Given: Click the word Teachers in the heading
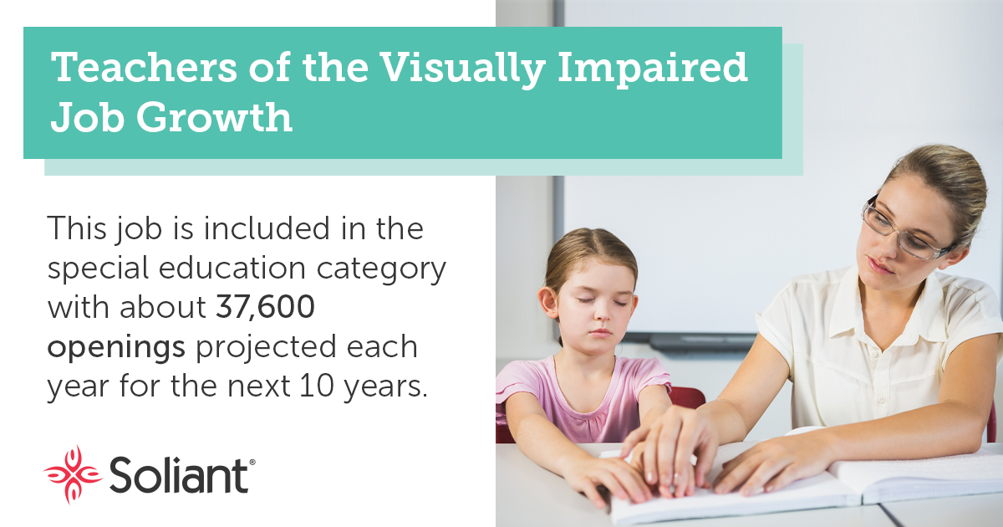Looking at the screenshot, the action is pos(144,67).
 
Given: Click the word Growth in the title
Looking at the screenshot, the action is pos(215,117).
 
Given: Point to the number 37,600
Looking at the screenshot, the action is pos(266,307).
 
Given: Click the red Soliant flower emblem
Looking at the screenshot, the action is pos(73,474).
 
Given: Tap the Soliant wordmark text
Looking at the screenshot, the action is pos(179,475).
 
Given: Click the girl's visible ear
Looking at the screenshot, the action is pos(549,303).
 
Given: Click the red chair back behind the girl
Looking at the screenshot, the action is pos(686,398).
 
